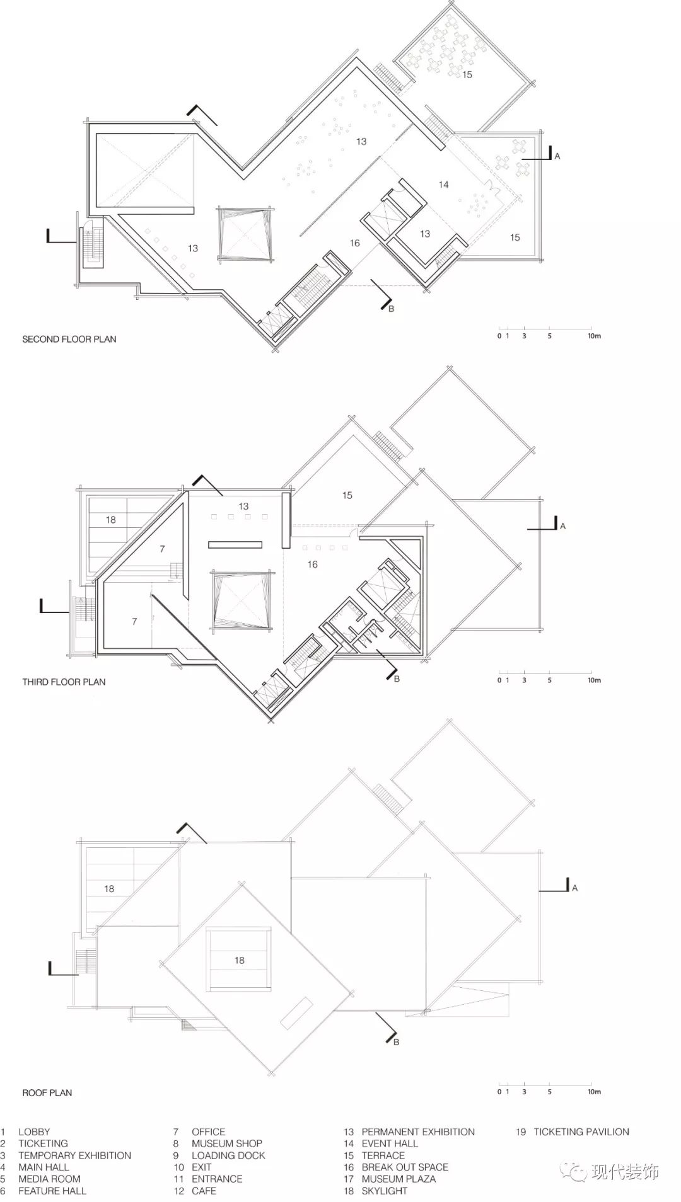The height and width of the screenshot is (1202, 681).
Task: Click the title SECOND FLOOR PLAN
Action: [69, 339]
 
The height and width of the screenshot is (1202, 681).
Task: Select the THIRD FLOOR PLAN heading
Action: [64, 682]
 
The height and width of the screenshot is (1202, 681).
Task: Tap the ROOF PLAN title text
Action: [47, 1092]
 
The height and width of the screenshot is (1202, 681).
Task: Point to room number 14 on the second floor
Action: [444, 185]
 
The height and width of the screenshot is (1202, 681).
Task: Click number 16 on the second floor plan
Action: [355, 243]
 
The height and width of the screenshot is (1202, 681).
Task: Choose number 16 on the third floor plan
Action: [313, 564]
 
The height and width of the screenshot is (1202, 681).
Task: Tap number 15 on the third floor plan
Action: [347, 495]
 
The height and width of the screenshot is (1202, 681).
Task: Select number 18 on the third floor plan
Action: [111, 520]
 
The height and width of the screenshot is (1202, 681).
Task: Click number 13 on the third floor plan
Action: [244, 506]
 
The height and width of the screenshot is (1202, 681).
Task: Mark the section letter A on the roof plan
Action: [575, 888]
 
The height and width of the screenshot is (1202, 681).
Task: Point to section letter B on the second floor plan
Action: [391, 309]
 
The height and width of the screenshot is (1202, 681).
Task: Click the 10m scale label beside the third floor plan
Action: [595, 680]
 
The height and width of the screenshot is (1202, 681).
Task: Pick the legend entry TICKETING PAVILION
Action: [581, 1131]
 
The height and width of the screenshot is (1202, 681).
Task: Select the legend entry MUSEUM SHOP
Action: [227, 1143]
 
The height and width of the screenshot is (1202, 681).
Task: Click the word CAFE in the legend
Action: [204, 1191]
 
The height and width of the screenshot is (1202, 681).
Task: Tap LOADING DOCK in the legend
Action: [228, 1155]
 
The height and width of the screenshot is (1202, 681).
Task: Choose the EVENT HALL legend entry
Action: [390, 1143]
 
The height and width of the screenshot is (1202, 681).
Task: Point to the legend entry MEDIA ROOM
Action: [49, 1179]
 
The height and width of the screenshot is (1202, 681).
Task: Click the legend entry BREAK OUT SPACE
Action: [405, 1167]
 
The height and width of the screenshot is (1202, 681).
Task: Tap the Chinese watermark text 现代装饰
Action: [626, 1172]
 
